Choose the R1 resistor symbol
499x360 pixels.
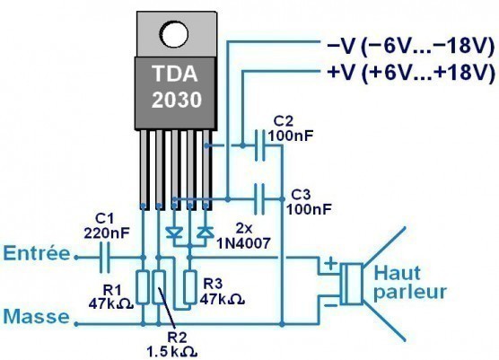click(x=143, y=288)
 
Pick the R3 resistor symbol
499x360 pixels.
click(x=190, y=287)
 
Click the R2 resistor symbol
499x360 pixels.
click(x=160, y=288)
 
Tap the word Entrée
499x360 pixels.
click(x=35, y=256)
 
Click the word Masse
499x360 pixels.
click(x=32, y=315)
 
